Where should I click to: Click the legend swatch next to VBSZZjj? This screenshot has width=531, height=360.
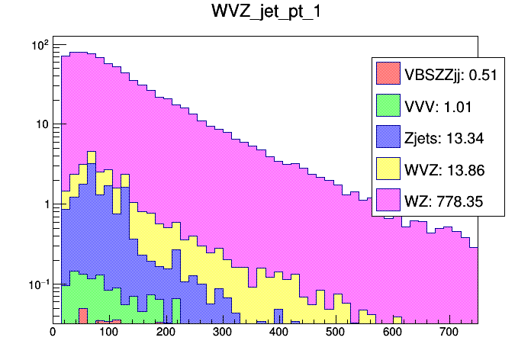388,74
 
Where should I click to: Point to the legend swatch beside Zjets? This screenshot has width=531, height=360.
388,138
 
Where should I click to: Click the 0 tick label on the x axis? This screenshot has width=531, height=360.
53,332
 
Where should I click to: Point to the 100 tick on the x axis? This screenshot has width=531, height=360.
109,332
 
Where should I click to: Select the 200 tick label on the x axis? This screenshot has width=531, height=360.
166,332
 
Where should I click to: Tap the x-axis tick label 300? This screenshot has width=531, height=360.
222,332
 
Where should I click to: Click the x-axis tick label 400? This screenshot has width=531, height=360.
279,332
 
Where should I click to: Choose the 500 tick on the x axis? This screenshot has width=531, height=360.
336,332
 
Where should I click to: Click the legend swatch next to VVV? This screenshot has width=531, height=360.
388,106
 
